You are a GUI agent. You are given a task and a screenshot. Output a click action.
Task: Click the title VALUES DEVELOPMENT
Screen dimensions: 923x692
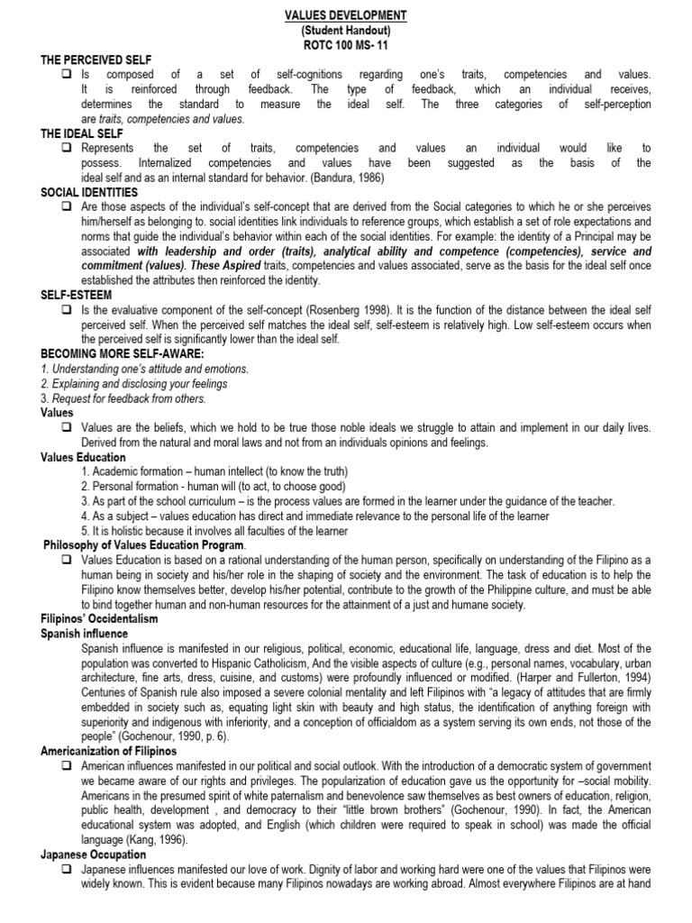(x=345, y=15)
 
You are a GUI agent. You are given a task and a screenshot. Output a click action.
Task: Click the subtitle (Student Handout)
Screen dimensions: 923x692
(x=345, y=30)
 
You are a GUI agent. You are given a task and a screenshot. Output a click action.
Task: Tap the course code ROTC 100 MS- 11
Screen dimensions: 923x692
(x=345, y=44)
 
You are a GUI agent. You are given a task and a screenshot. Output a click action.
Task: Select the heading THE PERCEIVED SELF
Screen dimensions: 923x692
(x=96, y=59)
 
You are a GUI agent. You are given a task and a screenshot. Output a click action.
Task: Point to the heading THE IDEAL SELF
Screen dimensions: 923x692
(x=83, y=133)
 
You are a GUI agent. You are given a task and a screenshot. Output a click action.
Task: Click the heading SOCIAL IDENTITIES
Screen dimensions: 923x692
(x=89, y=192)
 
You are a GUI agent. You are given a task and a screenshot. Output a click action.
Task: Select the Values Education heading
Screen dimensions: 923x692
(x=83, y=457)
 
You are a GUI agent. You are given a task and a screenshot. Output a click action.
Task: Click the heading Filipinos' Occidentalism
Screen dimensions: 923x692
(x=99, y=619)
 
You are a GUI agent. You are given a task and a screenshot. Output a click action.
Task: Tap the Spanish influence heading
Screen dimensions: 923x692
(x=84, y=634)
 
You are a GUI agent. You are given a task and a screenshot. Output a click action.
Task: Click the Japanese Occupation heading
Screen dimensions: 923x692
(x=93, y=854)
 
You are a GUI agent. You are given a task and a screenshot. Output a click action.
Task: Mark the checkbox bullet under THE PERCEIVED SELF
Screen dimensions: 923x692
(x=68, y=75)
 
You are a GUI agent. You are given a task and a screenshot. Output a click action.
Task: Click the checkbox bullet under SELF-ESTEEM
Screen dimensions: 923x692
(x=68, y=309)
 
